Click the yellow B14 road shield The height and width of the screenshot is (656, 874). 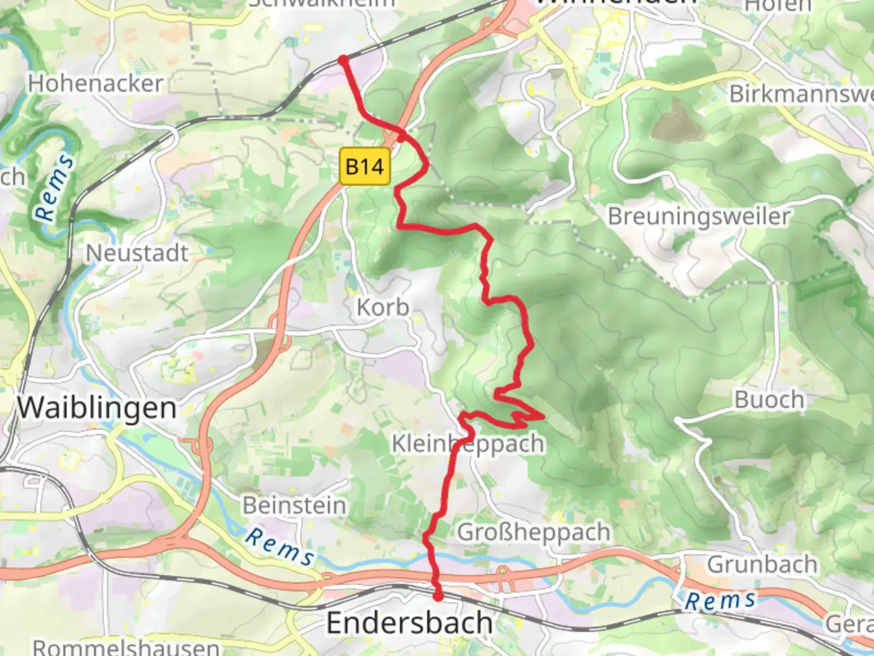coord(365,166)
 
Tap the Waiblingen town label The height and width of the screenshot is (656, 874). coord(97,408)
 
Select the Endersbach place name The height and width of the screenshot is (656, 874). coord(409,623)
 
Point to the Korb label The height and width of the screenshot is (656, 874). coord(382,307)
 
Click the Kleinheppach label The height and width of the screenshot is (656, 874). coord(467,443)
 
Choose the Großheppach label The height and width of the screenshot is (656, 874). coord(534,532)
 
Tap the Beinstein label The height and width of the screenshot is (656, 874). coord(294,505)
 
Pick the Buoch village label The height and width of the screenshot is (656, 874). coord(770,400)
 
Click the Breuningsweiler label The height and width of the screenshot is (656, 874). coord(699,216)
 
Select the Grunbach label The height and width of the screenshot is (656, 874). coord(762,564)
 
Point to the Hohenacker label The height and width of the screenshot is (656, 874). coord(95,83)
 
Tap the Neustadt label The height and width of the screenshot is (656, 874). coord(137,253)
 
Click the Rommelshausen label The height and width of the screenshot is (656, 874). coord(126,646)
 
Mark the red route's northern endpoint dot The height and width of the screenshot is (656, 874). coord(343,60)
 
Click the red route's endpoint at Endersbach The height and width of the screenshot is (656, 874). coord(438,596)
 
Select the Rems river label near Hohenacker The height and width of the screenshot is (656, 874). coord(55,188)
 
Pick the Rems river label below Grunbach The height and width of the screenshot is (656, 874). coord(720,601)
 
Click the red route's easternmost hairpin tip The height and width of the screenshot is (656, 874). coord(543,417)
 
